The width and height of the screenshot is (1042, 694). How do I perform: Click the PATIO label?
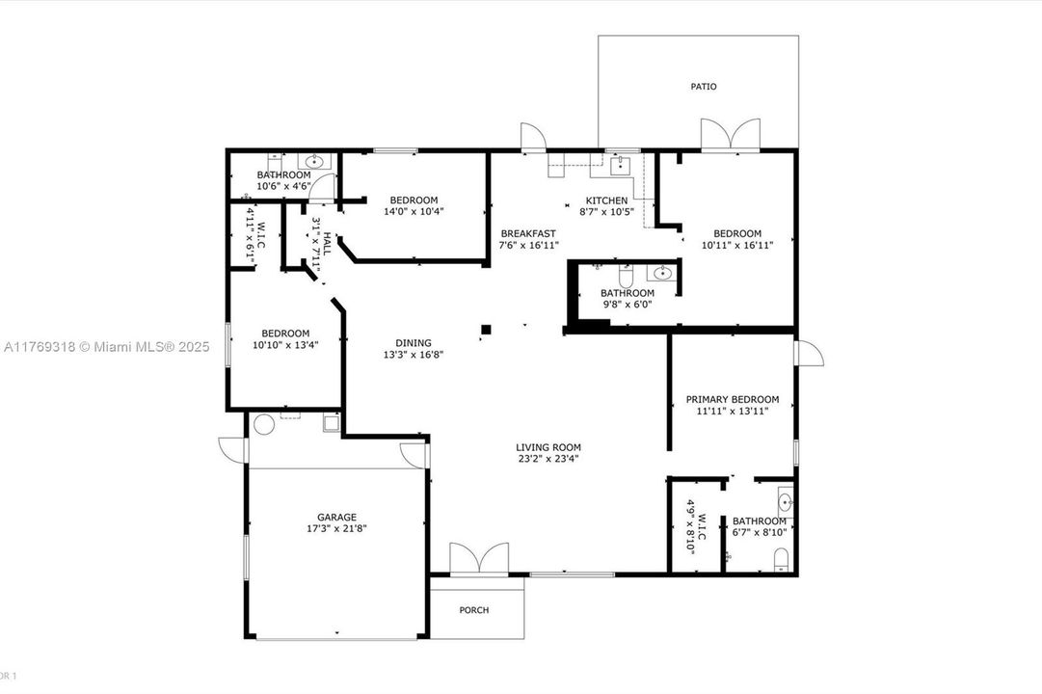click(703, 87)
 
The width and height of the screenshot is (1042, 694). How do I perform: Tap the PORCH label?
click(473, 610)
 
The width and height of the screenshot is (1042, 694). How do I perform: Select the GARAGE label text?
click(336, 517)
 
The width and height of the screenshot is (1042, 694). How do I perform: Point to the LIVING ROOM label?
click(548, 447)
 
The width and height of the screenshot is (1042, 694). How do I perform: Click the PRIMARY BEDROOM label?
click(732, 399)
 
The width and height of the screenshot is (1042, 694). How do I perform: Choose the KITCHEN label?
click(606, 200)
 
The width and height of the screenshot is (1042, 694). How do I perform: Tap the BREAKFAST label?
click(527, 233)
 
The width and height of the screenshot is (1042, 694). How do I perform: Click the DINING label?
click(413, 342)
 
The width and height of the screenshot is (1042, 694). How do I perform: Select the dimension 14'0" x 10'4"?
click(414, 211)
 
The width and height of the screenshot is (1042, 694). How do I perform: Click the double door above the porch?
click(479, 560)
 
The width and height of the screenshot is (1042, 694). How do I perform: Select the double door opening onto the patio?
click(730, 136)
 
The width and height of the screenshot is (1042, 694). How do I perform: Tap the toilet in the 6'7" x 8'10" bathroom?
click(782, 559)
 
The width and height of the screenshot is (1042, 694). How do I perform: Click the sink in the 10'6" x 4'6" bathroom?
click(313, 162)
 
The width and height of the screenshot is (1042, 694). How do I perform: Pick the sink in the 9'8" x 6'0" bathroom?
click(660, 273)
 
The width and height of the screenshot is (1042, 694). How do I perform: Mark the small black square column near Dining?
click(486, 330)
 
